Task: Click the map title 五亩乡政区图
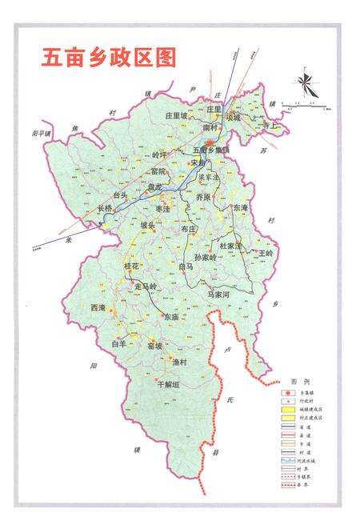[109, 58]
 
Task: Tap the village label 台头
[121, 194]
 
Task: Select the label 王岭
[266, 253]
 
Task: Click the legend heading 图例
[298, 383]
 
